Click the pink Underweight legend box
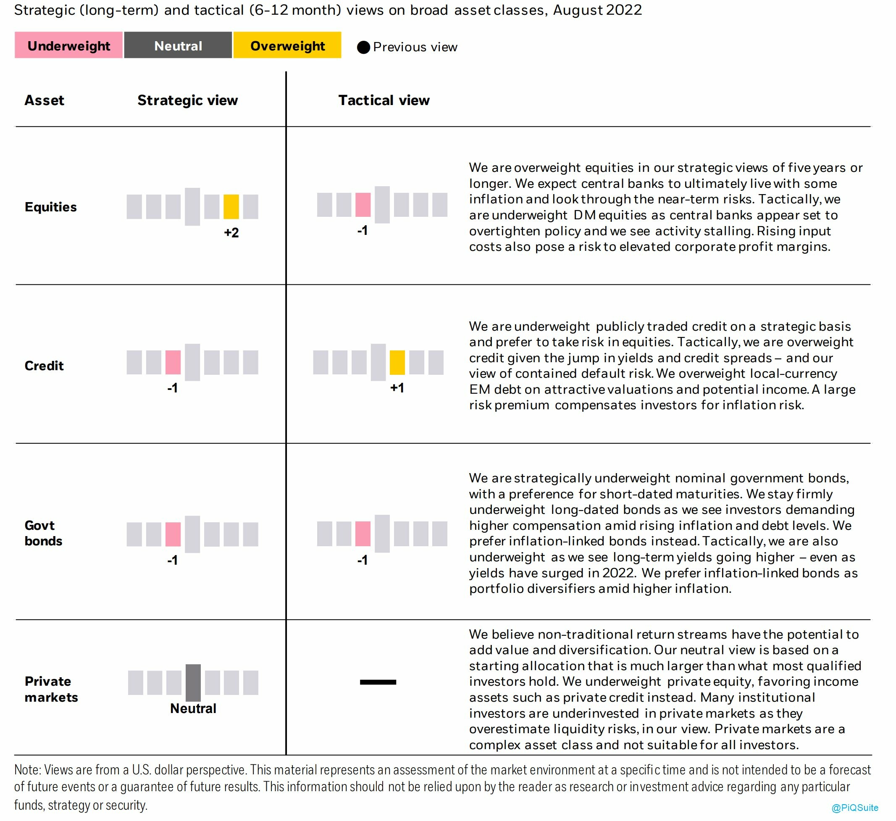[68, 45]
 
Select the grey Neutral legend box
[178, 45]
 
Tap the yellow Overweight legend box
[288, 45]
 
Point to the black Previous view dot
[363, 47]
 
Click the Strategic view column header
[187, 100]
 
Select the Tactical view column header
[384, 100]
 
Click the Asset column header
[45, 100]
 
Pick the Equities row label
[51, 207]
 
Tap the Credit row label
[44, 366]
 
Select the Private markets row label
[51, 689]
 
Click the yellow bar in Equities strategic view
[231, 207]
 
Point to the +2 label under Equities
[231, 232]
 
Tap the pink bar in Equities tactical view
[363, 205]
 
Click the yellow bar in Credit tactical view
[397, 362]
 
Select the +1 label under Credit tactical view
[397, 388]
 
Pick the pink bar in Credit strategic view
[173, 362]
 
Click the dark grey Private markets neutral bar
[193, 682]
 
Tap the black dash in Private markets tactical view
[378, 682]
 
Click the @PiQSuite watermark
[855, 808]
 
